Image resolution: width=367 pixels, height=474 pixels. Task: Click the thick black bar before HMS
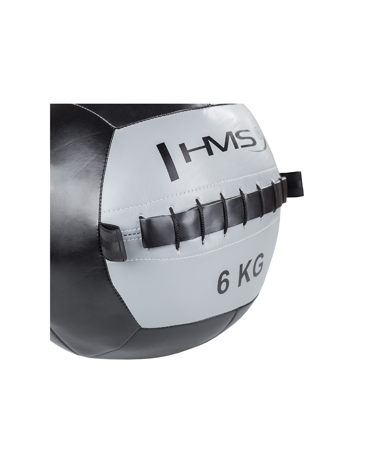168,162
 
